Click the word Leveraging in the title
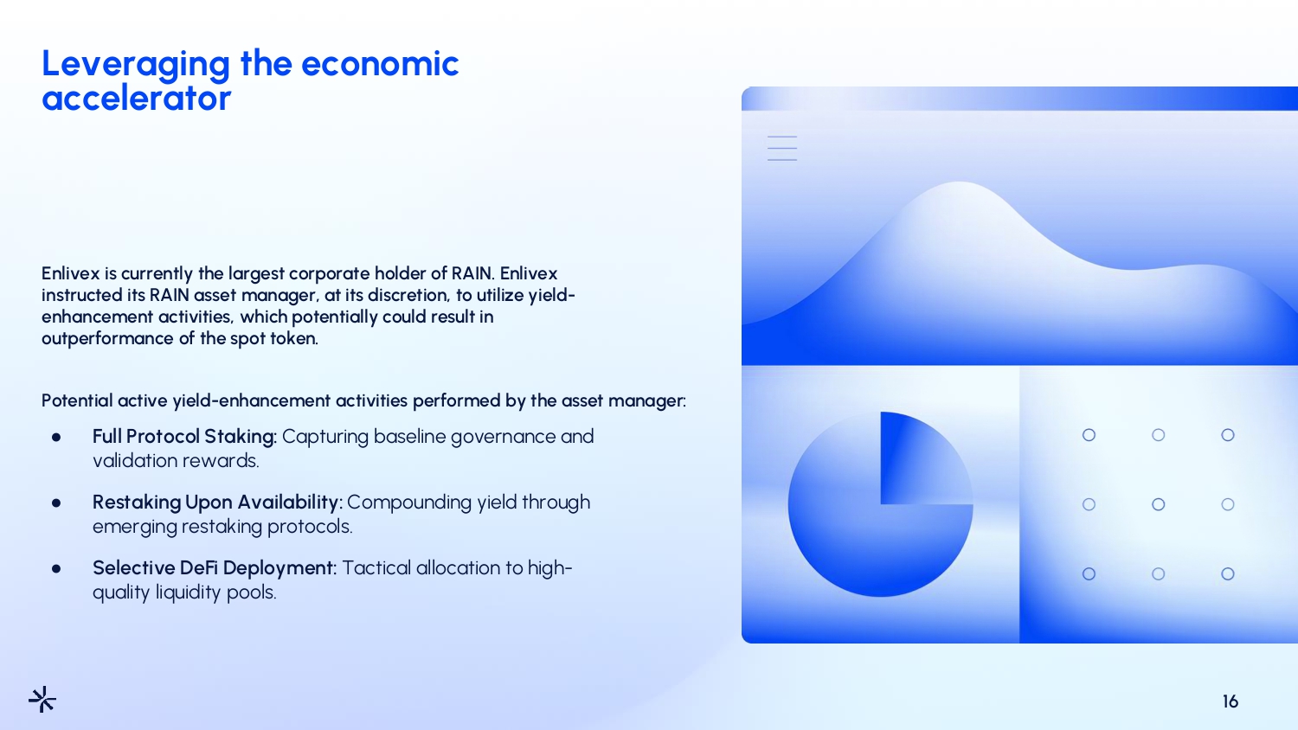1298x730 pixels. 136,65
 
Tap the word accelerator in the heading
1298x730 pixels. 136,98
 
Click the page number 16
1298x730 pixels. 1231,701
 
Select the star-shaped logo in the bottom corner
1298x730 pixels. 42,699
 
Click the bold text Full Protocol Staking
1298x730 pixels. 184,436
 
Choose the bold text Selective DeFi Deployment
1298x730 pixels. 214,567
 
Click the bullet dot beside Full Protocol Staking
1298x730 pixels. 56,438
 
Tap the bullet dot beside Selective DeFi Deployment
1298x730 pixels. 56,569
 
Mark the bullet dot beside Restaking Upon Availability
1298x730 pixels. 56,503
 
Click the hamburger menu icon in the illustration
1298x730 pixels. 782,148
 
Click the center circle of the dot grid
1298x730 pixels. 1159,504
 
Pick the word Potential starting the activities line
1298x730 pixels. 77,400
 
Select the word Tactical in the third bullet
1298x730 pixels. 376,567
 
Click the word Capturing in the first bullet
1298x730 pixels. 325,437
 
